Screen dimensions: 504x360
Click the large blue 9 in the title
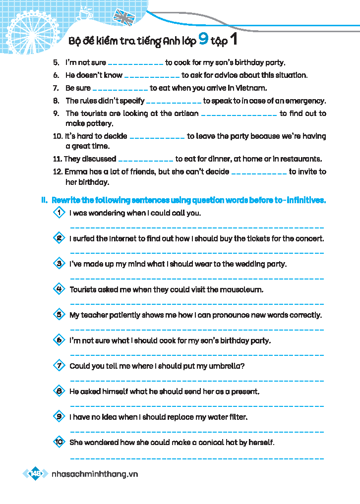[x=203, y=40]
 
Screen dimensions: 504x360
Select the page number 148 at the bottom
[x=36, y=474]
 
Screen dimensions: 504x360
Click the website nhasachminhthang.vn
[x=95, y=474]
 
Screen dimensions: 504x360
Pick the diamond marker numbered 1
[x=59, y=213]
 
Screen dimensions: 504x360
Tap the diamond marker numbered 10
[x=59, y=442]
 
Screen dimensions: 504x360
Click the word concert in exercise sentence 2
[x=310, y=238]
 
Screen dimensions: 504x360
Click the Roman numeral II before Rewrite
[x=44, y=200]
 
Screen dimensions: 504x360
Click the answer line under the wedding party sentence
[x=197, y=278]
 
